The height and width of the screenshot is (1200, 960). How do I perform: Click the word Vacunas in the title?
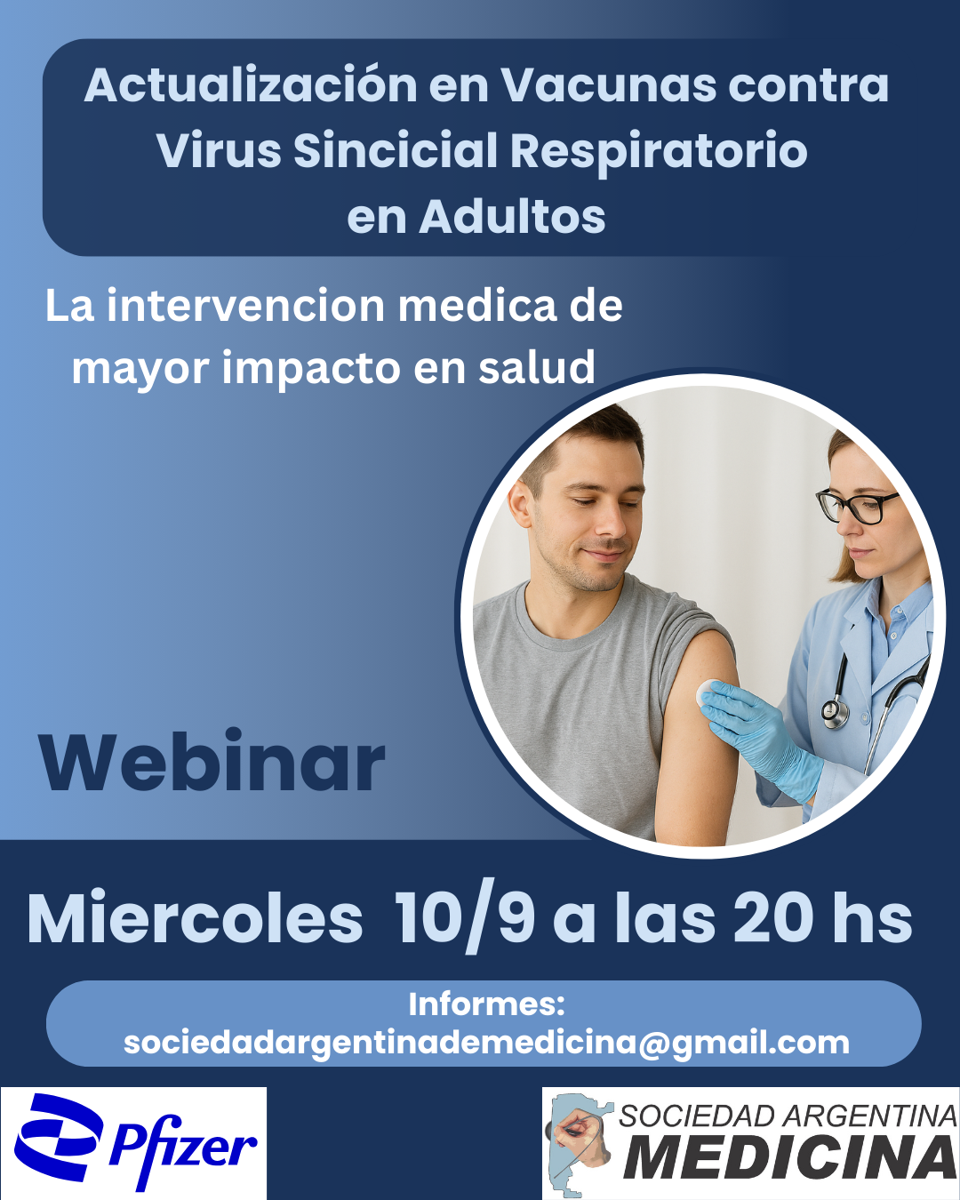[609, 85]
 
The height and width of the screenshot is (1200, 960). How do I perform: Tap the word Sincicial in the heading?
[395, 150]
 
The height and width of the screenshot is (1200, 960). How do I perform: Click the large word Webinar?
[212, 761]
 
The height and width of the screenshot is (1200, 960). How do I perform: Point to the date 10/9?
[464, 917]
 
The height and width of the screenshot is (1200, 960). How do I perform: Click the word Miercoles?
[196, 917]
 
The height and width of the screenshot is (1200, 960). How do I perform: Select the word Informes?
[486, 1004]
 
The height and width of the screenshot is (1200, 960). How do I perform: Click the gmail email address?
[486, 1042]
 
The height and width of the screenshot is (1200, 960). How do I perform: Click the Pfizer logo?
[134, 1141]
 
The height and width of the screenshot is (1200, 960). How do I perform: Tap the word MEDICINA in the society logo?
[790, 1158]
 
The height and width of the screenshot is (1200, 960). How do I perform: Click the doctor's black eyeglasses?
[858, 505]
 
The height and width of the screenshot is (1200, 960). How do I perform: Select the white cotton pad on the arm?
[706, 692]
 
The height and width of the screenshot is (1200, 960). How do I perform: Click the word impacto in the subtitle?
[311, 368]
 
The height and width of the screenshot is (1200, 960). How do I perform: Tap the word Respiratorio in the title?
[660, 150]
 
